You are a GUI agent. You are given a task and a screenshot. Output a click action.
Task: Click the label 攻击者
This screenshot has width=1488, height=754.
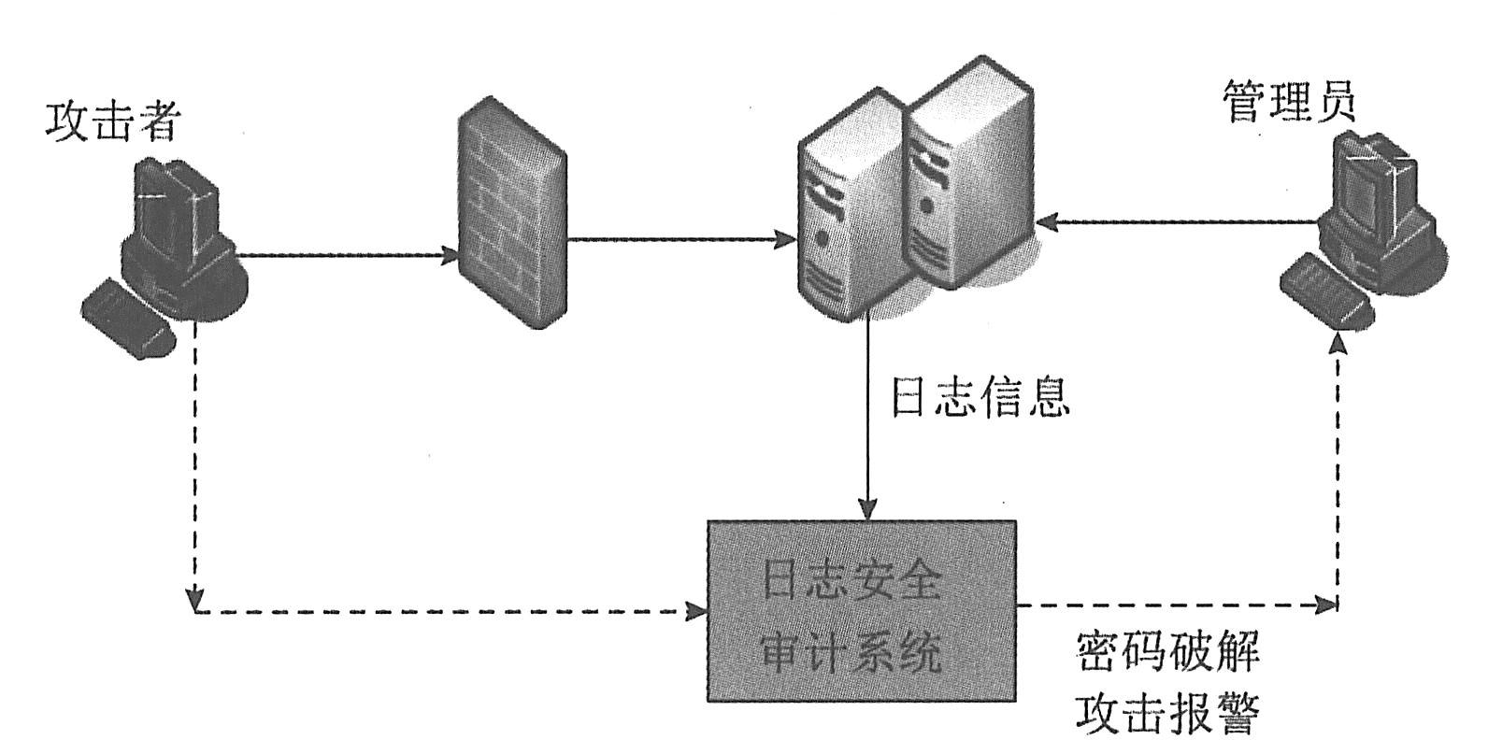(112, 121)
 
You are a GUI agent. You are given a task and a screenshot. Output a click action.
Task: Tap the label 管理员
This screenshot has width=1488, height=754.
(1289, 102)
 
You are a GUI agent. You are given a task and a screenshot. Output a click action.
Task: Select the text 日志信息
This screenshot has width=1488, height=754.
(979, 397)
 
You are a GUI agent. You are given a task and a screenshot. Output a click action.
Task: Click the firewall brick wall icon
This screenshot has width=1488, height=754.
(512, 221)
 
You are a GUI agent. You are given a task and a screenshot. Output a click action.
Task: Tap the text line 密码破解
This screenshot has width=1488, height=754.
(1167, 654)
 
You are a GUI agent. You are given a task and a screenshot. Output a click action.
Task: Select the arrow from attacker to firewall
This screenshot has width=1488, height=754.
(346, 253)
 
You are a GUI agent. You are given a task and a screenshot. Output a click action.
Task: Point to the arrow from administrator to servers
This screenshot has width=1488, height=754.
(1178, 222)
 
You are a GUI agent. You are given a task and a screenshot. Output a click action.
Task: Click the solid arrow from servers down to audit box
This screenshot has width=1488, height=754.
(868, 420)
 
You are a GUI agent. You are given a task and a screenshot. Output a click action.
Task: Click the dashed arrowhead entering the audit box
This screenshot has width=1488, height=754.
(696, 612)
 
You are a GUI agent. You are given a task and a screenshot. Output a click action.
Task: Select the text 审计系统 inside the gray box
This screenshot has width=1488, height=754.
(851, 653)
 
